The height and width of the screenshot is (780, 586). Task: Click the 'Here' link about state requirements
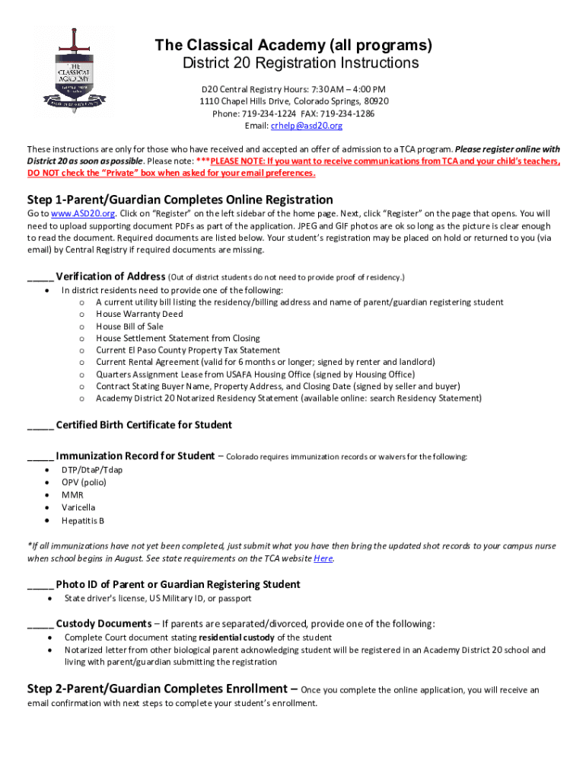[x=323, y=558]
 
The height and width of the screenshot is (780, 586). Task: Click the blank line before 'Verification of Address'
[x=40, y=277]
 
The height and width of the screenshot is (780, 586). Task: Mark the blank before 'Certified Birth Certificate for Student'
[x=40, y=426]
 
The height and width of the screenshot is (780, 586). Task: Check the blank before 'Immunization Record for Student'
[x=40, y=457]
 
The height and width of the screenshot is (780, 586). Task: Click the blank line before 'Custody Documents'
[x=40, y=624]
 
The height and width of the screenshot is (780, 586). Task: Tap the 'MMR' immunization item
[x=72, y=495]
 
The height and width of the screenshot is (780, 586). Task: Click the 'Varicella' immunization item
[x=78, y=507]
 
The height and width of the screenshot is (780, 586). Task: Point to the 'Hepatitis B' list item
[x=83, y=521]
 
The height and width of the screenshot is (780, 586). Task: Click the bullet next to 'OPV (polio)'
[x=49, y=482]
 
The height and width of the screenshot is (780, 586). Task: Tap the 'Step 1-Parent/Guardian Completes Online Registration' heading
[x=180, y=200]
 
